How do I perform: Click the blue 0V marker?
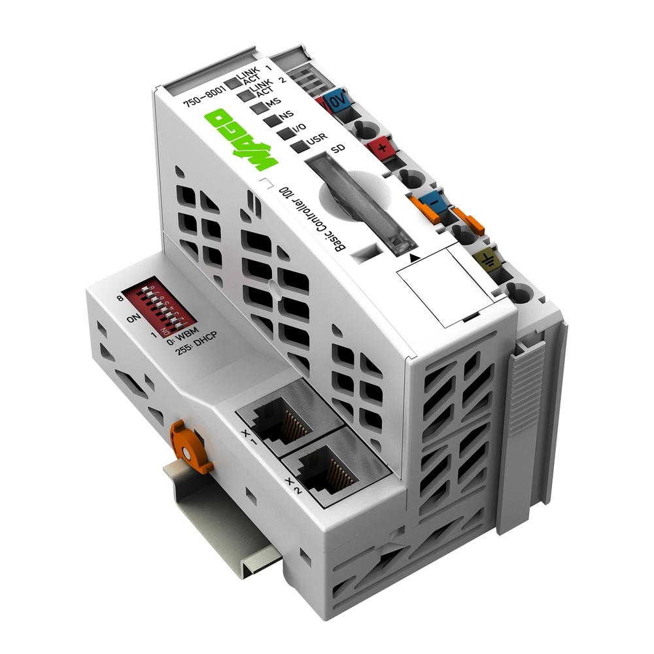tap(338, 101)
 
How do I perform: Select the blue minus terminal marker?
tap(432, 204)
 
